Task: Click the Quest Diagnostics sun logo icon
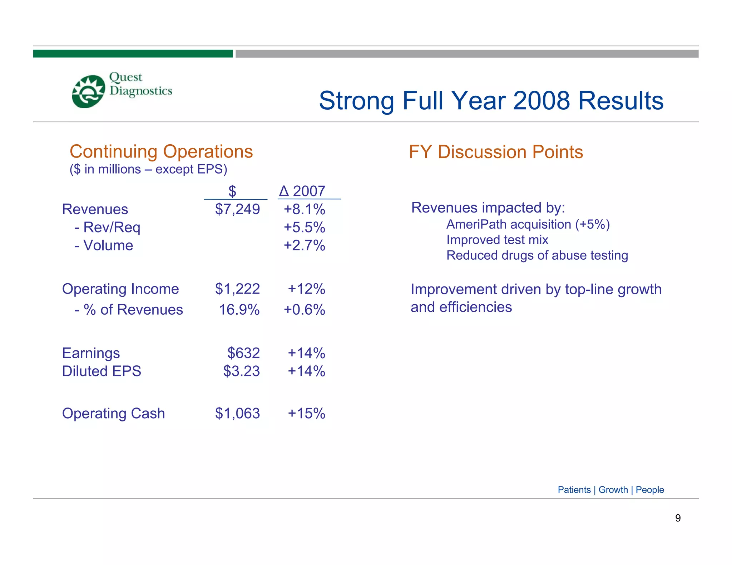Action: [88, 91]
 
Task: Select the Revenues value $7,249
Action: [237, 209]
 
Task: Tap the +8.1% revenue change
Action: [304, 209]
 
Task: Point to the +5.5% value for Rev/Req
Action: [304, 227]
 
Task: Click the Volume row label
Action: [108, 245]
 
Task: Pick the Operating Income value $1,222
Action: [237, 289]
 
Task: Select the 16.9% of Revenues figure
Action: [239, 310]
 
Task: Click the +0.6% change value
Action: [304, 310]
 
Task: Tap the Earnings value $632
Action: [243, 353]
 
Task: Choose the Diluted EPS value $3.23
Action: [241, 371]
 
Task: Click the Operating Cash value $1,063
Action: [237, 414]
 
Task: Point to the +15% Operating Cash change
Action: [306, 414]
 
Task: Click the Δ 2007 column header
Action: [302, 191]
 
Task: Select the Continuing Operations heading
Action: [161, 151]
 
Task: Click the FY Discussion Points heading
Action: [496, 152]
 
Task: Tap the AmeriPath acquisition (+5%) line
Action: [528, 224]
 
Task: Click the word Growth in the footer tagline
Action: [613, 490]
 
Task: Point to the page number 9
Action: [678, 518]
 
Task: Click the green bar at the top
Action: [133, 54]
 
